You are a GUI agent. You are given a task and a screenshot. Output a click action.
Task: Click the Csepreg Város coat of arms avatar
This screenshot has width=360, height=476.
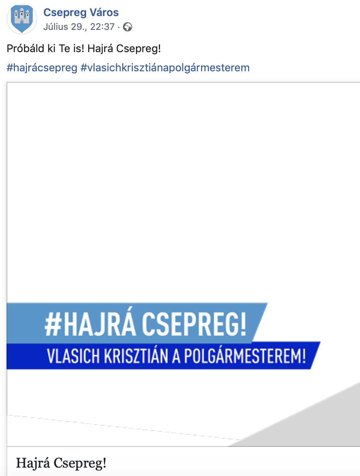(x=22, y=19)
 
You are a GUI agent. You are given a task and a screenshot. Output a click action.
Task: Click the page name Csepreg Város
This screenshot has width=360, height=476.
(x=81, y=13)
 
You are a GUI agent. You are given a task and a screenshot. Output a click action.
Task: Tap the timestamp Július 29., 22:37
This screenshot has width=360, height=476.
(x=79, y=27)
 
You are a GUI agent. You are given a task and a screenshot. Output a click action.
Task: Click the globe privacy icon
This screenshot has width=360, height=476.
(x=128, y=27)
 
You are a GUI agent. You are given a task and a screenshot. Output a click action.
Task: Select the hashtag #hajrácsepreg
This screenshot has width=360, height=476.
(x=42, y=68)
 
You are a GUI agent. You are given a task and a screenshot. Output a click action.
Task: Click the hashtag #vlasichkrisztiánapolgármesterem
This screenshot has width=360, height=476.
(x=165, y=68)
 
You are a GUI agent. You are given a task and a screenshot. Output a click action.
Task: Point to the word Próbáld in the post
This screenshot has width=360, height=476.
(x=25, y=48)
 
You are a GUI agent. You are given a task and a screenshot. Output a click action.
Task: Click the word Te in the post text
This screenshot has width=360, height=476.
(x=64, y=48)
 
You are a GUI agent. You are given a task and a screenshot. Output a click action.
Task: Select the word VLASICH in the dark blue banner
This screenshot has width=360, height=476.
(x=73, y=356)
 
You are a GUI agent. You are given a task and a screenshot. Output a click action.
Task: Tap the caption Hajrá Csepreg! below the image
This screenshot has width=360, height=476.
(x=61, y=463)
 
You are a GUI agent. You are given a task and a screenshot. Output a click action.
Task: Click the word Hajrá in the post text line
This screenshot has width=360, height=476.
(x=100, y=49)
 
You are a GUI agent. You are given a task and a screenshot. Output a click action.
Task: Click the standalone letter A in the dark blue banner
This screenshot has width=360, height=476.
(x=176, y=356)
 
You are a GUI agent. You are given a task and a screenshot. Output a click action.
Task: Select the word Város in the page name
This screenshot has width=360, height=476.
(x=104, y=12)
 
